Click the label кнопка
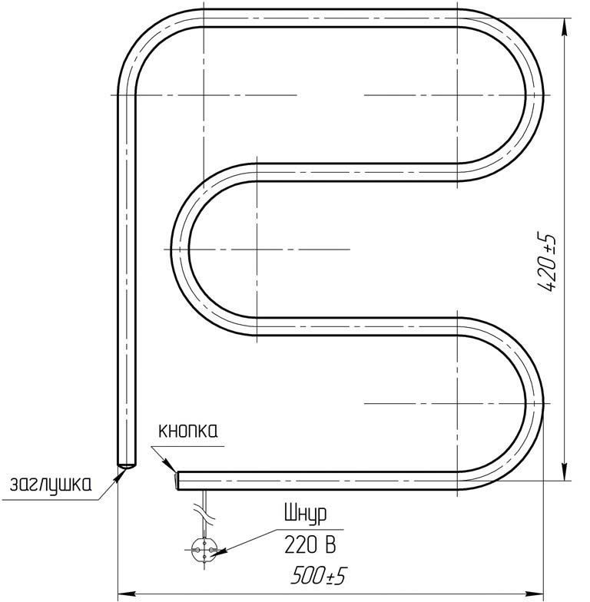point(188,432)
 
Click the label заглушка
point(51,485)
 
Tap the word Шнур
point(305,514)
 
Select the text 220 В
point(310,544)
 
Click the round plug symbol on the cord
point(204,550)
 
